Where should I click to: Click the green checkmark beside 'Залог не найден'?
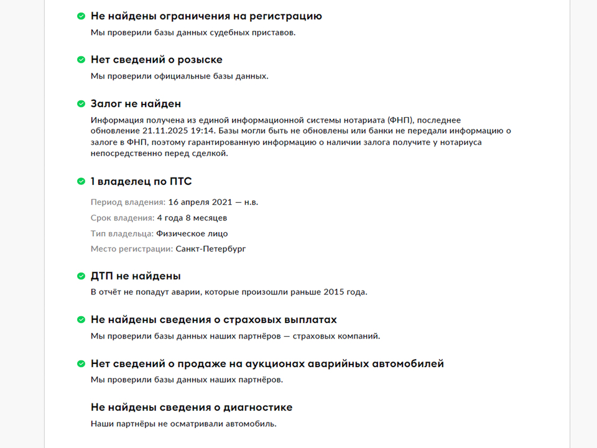[x=81, y=104]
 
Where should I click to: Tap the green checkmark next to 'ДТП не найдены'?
[x=81, y=276]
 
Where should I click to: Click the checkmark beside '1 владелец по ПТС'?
[x=81, y=181]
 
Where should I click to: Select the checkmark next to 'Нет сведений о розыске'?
[x=81, y=60]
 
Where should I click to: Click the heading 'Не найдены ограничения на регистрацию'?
[x=206, y=16]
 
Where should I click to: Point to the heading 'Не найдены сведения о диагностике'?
[x=192, y=408]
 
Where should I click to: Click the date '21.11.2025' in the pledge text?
[x=163, y=131]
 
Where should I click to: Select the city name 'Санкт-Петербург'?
[x=211, y=249]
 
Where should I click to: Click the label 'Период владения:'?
[x=127, y=202]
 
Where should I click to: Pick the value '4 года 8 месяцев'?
[x=192, y=218]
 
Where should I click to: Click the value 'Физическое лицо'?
[x=192, y=233]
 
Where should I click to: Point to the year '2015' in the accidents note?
[x=338, y=292]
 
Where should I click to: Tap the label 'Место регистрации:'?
[x=131, y=249]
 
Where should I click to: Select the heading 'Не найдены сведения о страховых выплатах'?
[x=213, y=320]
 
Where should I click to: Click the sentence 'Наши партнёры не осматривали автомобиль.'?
[x=183, y=424]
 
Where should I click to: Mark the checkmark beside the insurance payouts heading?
[x=81, y=320]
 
